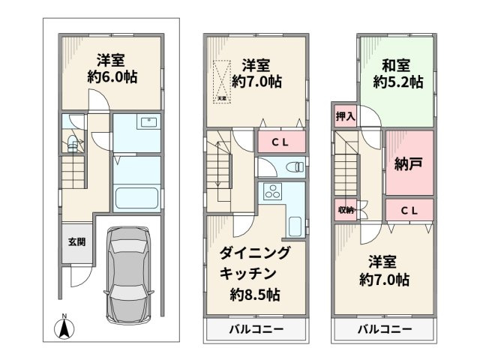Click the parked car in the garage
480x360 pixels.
coord(129,275)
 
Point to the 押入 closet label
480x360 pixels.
coord(345,116)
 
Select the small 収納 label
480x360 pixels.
coord(346,209)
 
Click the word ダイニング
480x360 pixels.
coord(254,253)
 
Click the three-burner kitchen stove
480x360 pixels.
coord(270,192)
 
